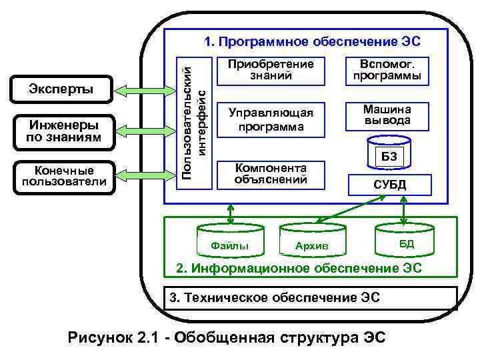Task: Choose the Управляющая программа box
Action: coord(270,117)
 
